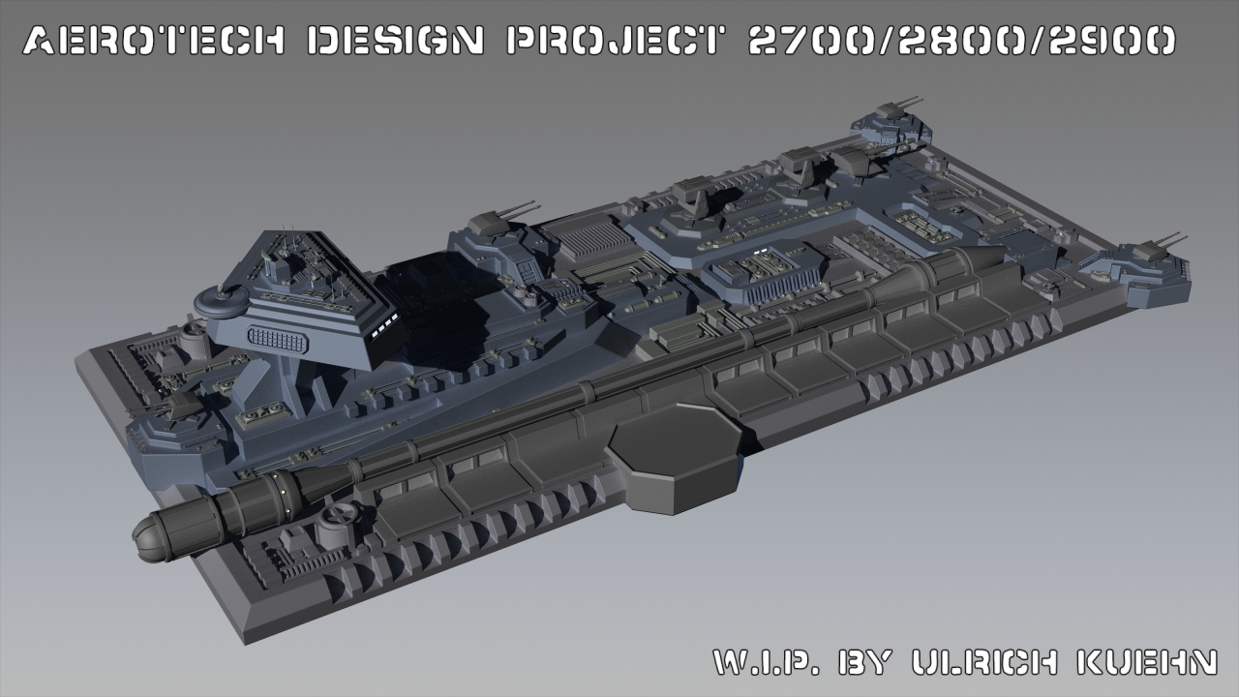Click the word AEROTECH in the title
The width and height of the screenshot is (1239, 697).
coord(154,41)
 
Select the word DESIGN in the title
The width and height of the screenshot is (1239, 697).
coord(396,41)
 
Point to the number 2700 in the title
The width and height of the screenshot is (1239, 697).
coord(810,41)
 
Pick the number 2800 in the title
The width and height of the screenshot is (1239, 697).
coord(960,41)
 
